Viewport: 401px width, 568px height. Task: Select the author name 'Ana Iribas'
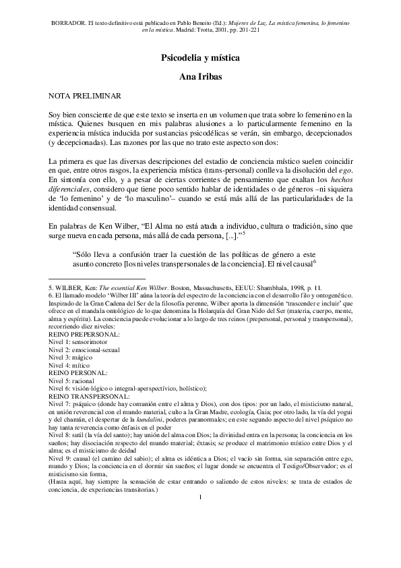pyautogui.click(x=200, y=78)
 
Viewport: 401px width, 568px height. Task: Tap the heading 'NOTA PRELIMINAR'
pyautogui.click(x=84, y=98)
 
